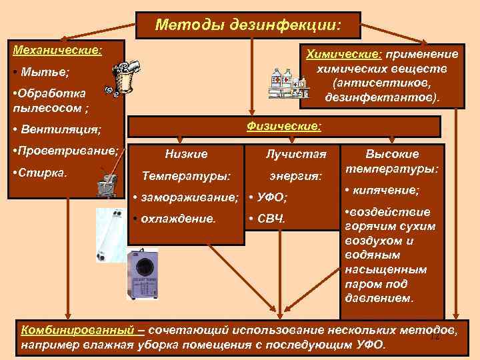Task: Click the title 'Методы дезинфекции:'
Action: (x=248, y=25)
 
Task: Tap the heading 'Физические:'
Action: (x=284, y=125)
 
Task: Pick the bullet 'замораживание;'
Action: (x=189, y=197)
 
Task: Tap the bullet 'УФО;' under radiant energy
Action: (x=271, y=197)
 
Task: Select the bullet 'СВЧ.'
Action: (x=270, y=218)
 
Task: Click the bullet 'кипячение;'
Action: (x=386, y=191)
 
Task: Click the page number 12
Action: (x=435, y=337)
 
